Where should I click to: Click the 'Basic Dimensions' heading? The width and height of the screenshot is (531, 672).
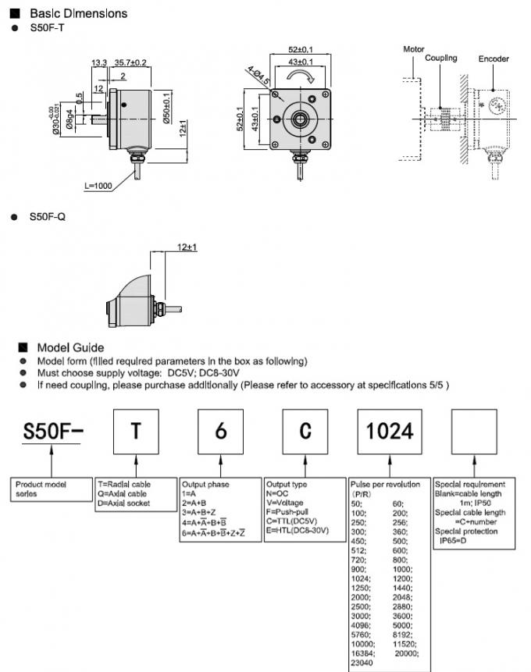77,13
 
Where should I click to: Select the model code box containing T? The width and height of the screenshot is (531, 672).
135,431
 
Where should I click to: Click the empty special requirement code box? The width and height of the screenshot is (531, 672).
475,431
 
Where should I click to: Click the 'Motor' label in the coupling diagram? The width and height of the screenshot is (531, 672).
414,49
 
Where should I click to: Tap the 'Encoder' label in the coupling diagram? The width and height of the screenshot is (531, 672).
494,59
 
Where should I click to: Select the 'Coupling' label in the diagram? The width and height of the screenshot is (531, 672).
441,59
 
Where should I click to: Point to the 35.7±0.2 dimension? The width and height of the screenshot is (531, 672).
130,62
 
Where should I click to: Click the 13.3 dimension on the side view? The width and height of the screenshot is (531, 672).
99,62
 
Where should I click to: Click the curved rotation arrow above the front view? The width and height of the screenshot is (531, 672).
299,76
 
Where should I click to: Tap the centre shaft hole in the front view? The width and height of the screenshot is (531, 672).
299,119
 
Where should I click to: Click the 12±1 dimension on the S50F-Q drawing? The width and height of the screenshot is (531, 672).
187,247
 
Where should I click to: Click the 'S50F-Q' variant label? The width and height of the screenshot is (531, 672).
48,216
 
